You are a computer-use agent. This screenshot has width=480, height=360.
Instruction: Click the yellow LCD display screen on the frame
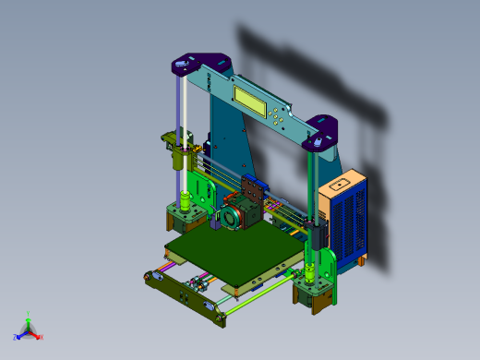pos(252,99)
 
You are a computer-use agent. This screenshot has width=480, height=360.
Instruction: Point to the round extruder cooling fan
pos(226,218)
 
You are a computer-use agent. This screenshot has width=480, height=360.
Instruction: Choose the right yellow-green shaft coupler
pos(310,273)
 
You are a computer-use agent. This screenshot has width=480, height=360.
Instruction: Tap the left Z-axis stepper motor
pos(184,220)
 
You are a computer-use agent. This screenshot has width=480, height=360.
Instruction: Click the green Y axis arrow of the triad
pos(28,317)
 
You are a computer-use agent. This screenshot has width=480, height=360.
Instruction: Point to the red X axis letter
pos(41,337)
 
